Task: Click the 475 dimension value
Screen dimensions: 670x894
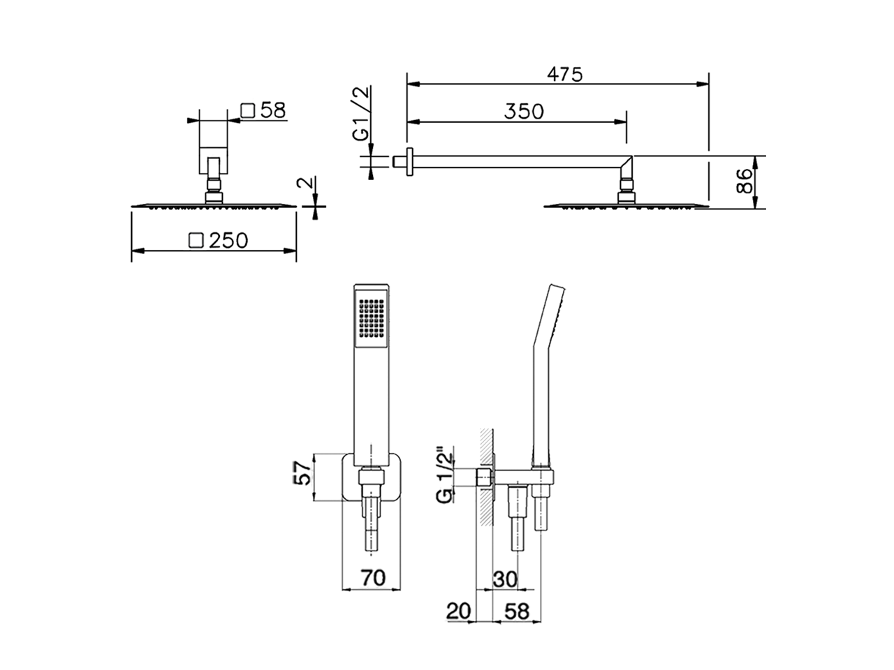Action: [564, 74]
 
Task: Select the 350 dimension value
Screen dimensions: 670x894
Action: [524, 111]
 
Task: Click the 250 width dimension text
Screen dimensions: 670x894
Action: [228, 241]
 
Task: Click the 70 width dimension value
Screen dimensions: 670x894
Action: [373, 578]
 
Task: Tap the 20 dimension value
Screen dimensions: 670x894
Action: [459, 611]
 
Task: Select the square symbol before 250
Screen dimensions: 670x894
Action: [196, 241]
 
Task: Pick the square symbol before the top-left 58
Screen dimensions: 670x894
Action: [247, 110]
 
